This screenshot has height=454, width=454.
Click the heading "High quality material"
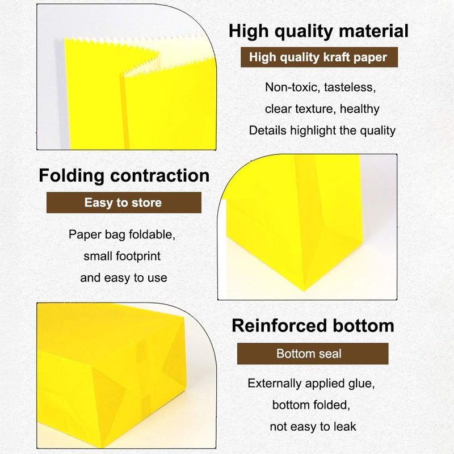[318, 31]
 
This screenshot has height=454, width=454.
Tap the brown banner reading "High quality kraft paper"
[319, 57]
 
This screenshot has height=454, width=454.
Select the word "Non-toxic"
[291, 87]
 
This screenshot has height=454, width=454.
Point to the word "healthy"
[359, 109]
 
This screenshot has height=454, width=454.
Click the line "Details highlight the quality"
[322, 131]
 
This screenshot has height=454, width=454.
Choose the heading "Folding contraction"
[124, 175]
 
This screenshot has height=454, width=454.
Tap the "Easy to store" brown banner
[124, 203]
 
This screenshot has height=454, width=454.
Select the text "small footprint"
[122, 257]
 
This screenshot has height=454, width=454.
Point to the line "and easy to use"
[124, 278]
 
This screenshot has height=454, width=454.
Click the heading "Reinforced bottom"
[313, 326]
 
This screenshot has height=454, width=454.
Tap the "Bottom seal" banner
[313, 354]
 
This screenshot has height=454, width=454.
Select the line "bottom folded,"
[311, 405]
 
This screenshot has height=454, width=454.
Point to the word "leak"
[345, 427]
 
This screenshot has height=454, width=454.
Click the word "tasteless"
[350, 87]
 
